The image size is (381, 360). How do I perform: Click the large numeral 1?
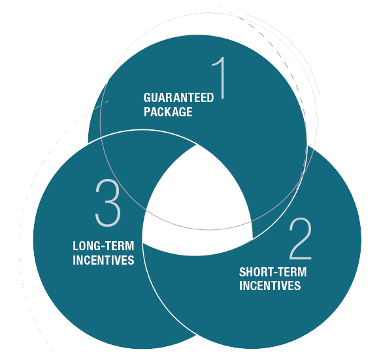pyautogui.click(x=220, y=78)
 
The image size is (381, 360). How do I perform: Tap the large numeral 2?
pyautogui.click(x=301, y=238)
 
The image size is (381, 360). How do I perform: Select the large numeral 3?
pyautogui.click(x=108, y=203)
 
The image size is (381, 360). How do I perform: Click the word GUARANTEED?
pyautogui.click(x=178, y=97)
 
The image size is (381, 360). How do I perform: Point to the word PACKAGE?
pyautogui.click(x=168, y=112)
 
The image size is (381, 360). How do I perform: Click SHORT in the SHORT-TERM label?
pyautogui.click(x=254, y=272)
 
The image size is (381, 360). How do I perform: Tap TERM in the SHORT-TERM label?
pyautogui.click(x=290, y=272)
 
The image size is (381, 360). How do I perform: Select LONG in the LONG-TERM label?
pyautogui.click(x=86, y=246)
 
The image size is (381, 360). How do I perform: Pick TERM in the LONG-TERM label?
pyautogui.click(x=118, y=246)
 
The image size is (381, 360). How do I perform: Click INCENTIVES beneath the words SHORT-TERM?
pyautogui.click(x=270, y=286)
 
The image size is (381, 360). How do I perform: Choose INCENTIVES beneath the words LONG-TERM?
pyautogui.click(x=103, y=260)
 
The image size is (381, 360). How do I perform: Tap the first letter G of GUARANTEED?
pyautogui.click(x=148, y=97)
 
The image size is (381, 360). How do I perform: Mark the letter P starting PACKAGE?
pyautogui.click(x=147, y=112)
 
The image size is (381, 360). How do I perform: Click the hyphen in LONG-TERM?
pyautogui.click(x=101, y=247)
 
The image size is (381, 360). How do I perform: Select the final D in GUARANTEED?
pyautogui.click(x=210, y=97)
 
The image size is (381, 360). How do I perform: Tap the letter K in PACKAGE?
pyautogui.click(x=170, y=112)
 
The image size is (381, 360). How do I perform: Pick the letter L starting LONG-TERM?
pyautogui.click(x=76, y=246)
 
